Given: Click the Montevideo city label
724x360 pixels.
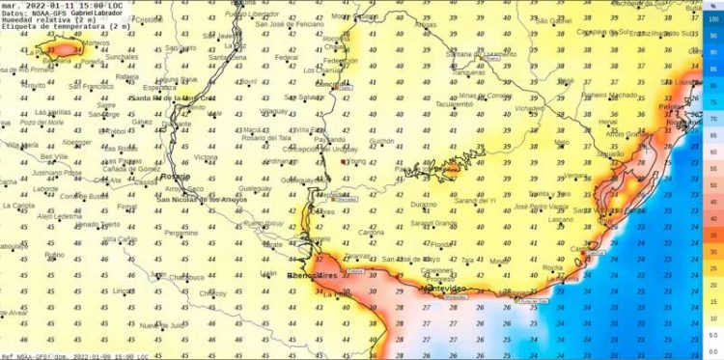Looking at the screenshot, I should click(x=443, y=288).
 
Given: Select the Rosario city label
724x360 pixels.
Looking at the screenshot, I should click(x=177, y=178).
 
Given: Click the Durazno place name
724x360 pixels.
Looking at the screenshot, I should click(x=424, y=206).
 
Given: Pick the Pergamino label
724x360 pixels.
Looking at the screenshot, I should click(x=181, y=233).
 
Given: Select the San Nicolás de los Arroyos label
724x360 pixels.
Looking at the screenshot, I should click(x=203, y=199).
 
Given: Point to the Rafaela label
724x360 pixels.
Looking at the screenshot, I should click(x=126, y=76).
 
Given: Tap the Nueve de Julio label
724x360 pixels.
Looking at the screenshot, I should click(x=154, y=325).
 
